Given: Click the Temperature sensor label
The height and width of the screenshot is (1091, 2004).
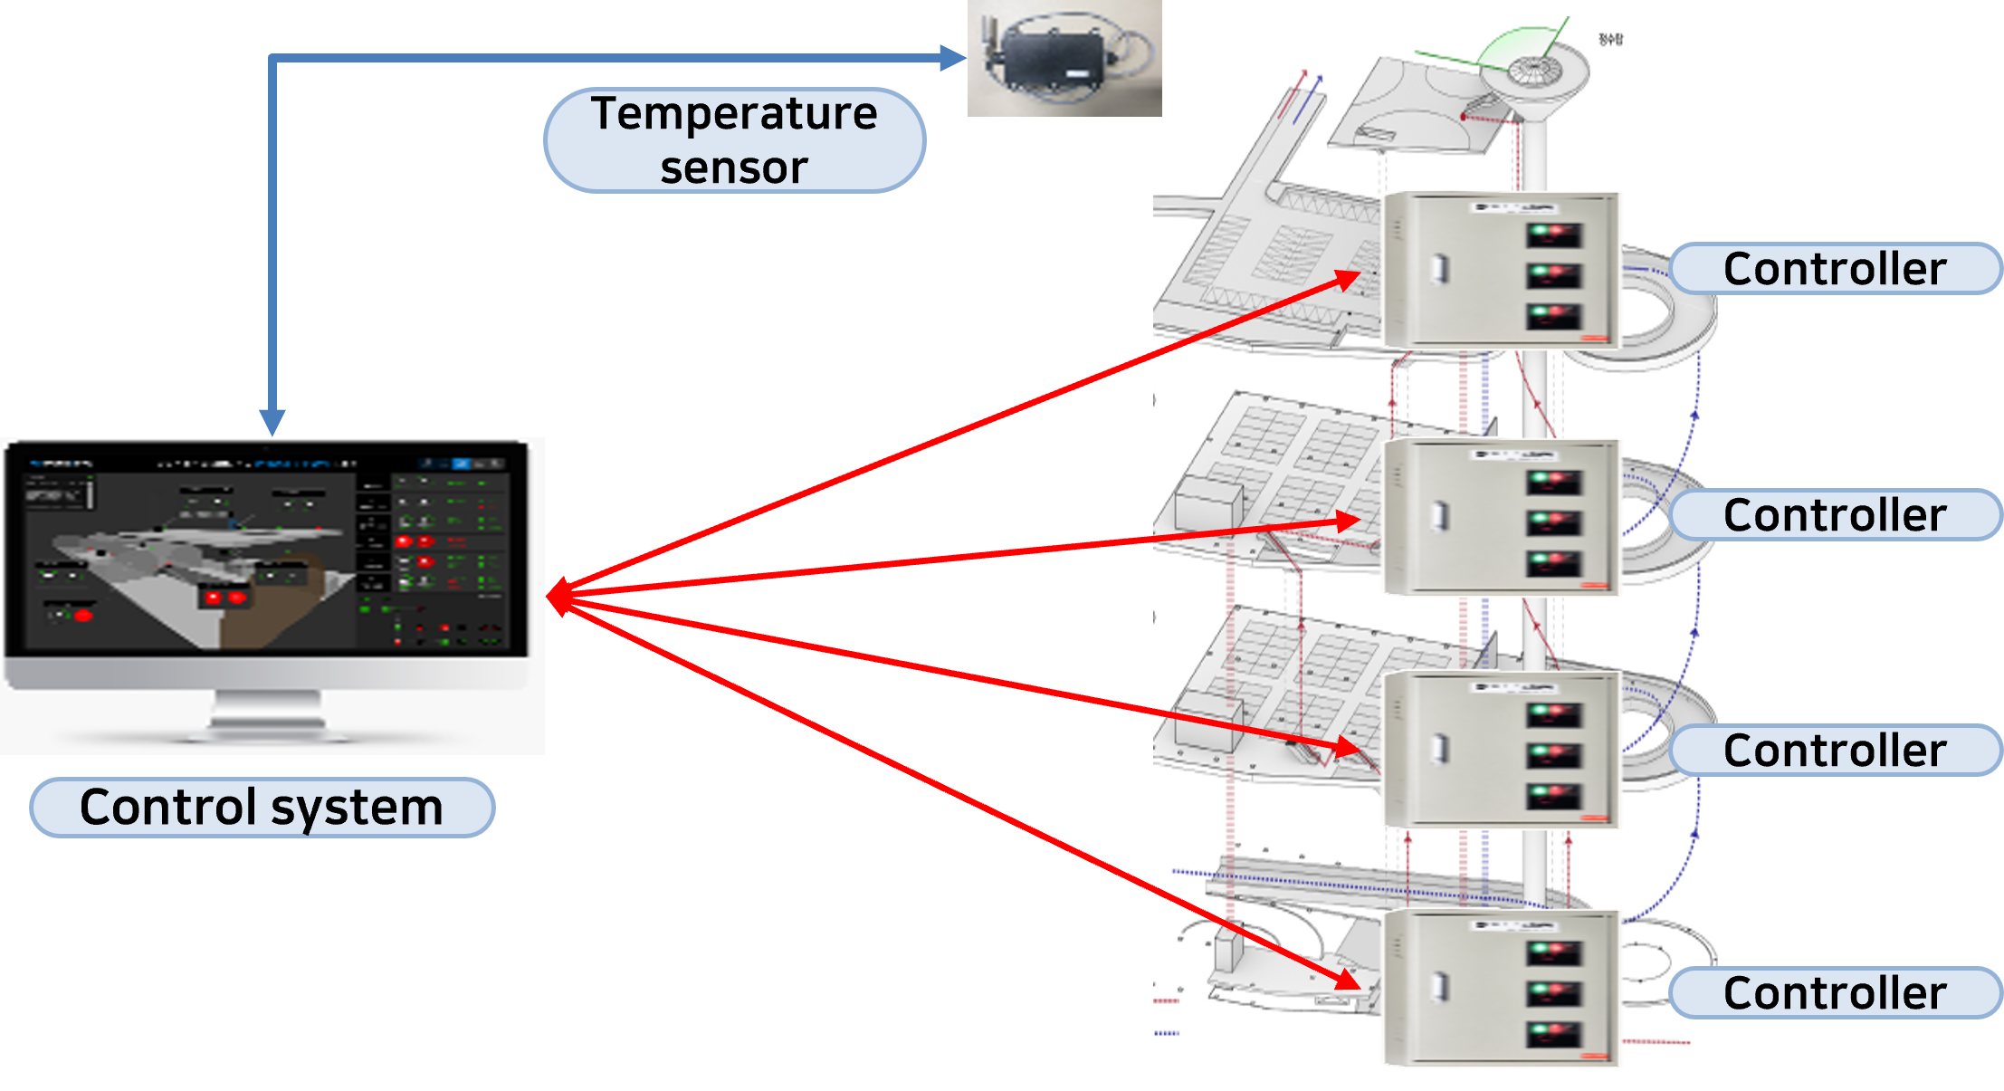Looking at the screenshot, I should click(734, 140).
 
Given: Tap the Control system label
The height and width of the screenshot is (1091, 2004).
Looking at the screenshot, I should click(262, 807).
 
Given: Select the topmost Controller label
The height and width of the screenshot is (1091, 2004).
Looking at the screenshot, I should click(1835, 269).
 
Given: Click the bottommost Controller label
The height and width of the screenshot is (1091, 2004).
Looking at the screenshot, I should click(1835, 993).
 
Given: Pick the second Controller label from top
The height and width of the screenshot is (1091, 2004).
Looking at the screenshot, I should click(1835, 515).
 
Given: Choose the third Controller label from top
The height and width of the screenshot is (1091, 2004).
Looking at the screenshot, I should click(1835, 751).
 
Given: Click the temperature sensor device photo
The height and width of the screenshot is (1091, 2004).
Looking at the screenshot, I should click(1064, 58).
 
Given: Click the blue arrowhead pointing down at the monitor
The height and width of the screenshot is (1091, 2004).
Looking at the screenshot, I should click(272, 422).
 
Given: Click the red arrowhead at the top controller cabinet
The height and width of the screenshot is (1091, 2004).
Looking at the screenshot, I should click(1349, 280).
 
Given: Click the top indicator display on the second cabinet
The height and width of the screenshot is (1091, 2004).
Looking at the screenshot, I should click(1554, 482).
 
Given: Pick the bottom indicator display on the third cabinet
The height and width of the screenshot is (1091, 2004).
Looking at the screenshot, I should click(1554, 796).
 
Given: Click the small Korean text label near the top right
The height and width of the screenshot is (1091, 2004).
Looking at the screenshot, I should click(1610, 39).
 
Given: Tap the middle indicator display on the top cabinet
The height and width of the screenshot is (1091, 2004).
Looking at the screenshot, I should click(1554, 275).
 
